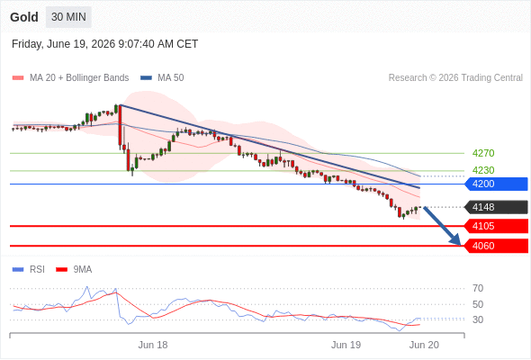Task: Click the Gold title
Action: tap(24, 17)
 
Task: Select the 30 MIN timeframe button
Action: tap(68, 17)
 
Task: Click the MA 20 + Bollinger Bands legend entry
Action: tap(70, 78)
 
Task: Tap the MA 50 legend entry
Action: tap(162, 78)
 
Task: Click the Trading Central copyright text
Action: tap(455, 78)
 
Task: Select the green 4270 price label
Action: tap(483, 153)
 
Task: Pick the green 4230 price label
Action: tap(483, 170)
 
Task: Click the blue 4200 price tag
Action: tap(496, 184)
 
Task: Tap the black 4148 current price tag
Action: tap(496, 207)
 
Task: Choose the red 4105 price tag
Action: tap(496, 226)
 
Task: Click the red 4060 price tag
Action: tap(496, 246)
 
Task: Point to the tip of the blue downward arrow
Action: tap(461, 245)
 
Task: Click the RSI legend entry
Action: tap(29, 270)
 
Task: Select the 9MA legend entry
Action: tap(74, 270)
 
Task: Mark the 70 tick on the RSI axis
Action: tap(478, 288)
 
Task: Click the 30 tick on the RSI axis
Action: tap(478, 319)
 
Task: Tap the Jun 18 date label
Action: tap(153, 345)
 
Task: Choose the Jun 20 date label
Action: tap(424, 345)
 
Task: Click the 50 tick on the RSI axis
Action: tap(478, 304)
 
